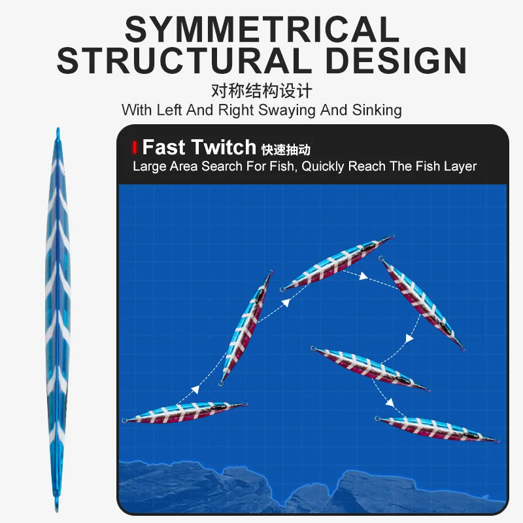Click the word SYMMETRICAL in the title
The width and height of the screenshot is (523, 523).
tap(262, 29)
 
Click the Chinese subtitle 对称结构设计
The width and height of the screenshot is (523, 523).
tap(262, 91)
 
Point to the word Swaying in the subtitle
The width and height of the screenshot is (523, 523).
tap(286, 110)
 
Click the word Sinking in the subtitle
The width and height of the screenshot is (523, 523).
tap(377, 110)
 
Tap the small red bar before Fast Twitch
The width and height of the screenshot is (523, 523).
tap(135, 148)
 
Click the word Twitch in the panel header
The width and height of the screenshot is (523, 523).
tap(224, 147)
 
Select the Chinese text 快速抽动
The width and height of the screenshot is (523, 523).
tap(286, 150)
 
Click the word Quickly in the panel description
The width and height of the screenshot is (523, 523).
tap(322, 167)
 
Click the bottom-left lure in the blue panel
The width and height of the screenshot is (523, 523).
tap(185, 413)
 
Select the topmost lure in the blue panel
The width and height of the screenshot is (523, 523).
tap(337, 263)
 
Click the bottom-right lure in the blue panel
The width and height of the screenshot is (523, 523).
tap(437, 429)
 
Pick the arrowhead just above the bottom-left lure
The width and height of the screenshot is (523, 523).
tap(195, 389)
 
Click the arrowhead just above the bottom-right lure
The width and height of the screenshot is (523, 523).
tap(390, 403)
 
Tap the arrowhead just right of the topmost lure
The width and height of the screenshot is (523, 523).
tap(363, 276)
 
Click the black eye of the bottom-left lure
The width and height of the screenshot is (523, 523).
tap(218, 407)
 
